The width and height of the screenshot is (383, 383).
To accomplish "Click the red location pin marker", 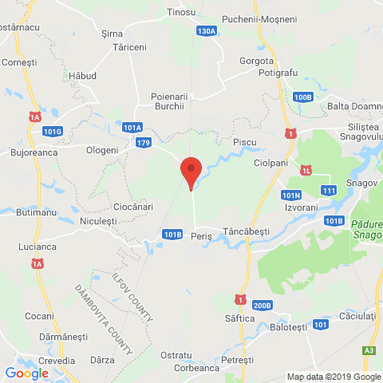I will (x=190, y=172).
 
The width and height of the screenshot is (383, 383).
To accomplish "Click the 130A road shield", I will (x=207, y=30).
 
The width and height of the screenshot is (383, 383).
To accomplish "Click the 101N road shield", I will (x=291, y=195).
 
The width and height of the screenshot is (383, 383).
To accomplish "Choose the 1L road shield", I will (x=306, y=170).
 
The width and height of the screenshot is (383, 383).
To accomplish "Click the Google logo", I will (x=26, y=373).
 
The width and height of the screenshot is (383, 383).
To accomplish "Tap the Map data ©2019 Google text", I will (x=334, y=377).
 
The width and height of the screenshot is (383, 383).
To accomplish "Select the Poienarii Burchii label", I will (x=168, y=101).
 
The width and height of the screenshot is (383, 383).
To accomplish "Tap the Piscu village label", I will (x=244, y=141).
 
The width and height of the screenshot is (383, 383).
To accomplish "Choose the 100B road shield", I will (x=302, y=97).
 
